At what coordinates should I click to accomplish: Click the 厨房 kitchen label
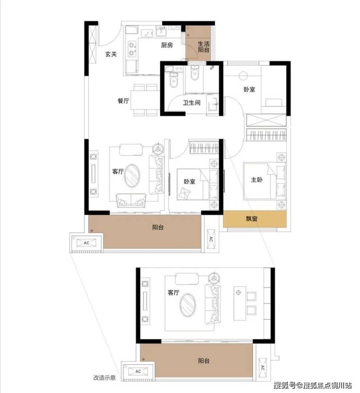coord(167,45)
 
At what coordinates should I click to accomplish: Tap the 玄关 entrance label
coord(110,54)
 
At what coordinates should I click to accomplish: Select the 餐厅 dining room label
coord(123,101)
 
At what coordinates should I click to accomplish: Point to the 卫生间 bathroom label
coord(192,102)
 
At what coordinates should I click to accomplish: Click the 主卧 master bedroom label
coord(256,180)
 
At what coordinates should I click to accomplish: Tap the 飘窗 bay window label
coord(252,219)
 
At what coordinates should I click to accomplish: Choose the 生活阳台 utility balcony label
coord(203,47)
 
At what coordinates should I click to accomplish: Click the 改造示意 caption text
coord(105,377)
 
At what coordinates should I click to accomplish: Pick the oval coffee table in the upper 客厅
coord(132,175)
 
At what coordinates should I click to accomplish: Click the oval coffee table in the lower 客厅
coord(187,305)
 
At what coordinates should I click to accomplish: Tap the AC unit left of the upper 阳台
coord(87,243)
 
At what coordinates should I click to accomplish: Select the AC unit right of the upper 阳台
coord(211,239)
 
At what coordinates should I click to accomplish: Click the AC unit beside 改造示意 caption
coord(138,372)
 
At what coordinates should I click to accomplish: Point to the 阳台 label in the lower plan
coord(203,361)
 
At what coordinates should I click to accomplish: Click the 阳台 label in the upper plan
coord(158,227)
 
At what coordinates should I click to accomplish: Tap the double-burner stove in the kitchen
coord(132,49)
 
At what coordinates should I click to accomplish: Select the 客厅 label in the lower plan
coord(173,293)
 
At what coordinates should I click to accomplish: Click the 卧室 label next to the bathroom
coord(249,89)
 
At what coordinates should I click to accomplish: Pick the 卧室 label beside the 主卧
coord(190,182)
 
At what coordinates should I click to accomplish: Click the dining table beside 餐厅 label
coord(145,100)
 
